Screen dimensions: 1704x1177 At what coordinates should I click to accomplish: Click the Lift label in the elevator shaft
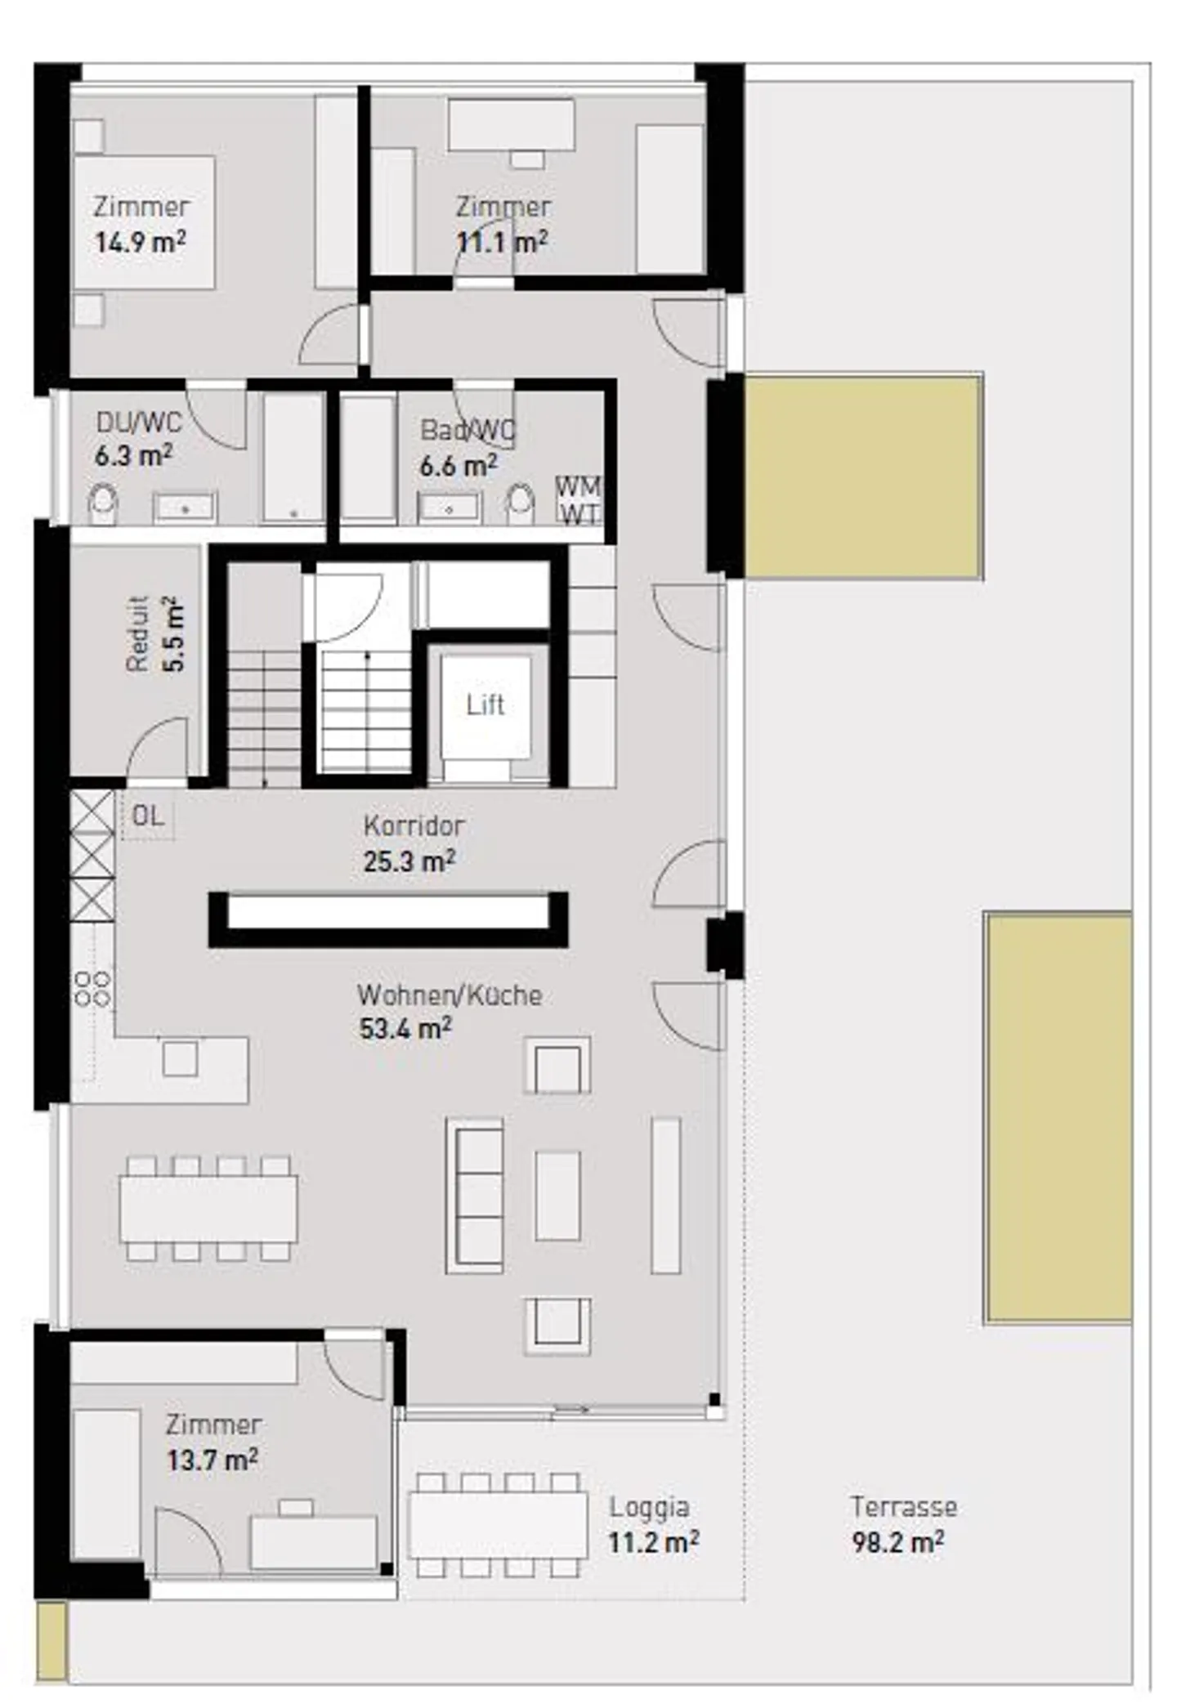[x=485, y=704]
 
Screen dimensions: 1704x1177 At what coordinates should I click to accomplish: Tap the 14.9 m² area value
[x=140, y=242]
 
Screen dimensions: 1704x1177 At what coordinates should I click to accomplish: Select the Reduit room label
[x=137, y=634]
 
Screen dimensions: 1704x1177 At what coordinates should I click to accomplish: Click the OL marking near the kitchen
[x=148, y=816]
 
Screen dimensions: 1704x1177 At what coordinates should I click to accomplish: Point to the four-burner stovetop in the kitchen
[x=92, y=988]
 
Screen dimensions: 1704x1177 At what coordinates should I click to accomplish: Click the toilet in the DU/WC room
[x=103, y=503]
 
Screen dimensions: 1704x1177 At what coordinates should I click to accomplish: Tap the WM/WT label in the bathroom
[x=578, y=500]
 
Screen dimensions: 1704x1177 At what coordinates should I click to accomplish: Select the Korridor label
[x=414, y=825]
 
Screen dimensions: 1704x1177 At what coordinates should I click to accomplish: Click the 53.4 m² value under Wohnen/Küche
[x=405, y=1028]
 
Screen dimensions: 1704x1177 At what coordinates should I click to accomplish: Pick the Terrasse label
[x=903, y=1506]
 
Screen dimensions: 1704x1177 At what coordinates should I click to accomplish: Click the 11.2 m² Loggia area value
[x=652, y=1542]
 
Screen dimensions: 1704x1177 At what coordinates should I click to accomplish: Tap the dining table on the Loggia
[x=497, y=1525]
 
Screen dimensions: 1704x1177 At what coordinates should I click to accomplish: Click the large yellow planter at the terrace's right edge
[x=1058, y=1117]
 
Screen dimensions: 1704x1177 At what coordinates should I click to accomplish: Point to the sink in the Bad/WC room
[x=449, y=508]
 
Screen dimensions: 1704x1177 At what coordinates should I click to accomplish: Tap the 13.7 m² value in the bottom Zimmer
[x=213, y=1460]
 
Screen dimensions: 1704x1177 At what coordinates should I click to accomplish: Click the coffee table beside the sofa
[x=557, y=1195]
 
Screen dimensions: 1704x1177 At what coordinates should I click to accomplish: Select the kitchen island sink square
[x=180, y=1059]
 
